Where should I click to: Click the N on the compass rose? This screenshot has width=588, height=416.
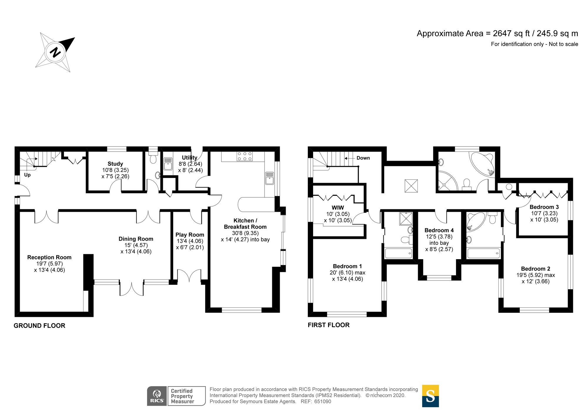pos(55,53)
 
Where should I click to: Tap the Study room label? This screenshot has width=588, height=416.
pos(115,164)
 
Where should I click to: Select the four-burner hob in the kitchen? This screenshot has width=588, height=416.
pos(245,156)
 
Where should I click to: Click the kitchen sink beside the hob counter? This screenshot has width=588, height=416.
pos(269,178)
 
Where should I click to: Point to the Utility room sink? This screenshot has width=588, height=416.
pos(168,164)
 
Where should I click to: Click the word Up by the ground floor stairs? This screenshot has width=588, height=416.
pos(27,175)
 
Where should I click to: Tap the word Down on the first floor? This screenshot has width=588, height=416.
pos(363,158)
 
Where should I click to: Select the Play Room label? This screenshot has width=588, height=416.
pos(190,235)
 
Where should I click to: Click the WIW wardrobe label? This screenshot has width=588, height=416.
pos(338,208)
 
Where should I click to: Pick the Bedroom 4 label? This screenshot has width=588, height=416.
pos(439,230)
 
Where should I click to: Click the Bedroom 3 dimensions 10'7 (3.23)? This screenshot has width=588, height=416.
pos(544,213)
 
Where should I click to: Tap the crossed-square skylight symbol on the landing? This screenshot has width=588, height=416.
pos(411,186)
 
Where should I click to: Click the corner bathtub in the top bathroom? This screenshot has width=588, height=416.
pos(482,164)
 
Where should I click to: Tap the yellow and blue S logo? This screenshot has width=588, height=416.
pos(430,396)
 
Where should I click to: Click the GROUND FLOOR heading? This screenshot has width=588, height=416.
pos(39,326)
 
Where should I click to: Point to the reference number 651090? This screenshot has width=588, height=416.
pos(323,402)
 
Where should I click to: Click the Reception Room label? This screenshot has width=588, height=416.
pos(49,257)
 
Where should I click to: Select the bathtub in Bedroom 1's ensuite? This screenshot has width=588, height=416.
pos(398,253)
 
